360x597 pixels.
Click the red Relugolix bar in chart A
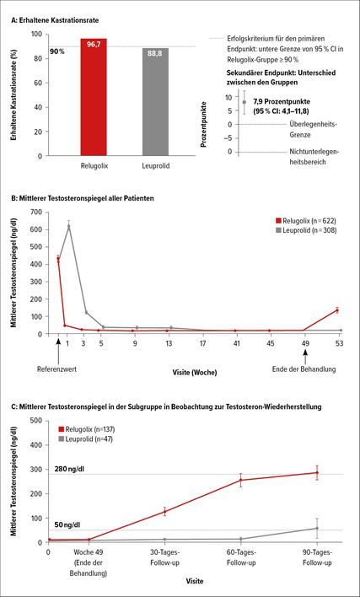click(94, 97)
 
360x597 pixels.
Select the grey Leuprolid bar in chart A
click(155, 102)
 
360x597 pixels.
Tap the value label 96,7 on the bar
click(94, 44)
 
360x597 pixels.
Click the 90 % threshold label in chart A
click(57, 51)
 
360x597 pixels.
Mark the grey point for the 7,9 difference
click(244, 102)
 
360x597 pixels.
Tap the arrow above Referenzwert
click(58, 351)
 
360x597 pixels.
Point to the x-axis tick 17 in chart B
click(202, 343)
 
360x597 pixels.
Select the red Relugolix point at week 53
click(337, 310)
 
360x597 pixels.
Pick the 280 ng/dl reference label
click(69, 468)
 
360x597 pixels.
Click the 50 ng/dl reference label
click(67, 525)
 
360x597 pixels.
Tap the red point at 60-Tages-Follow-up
click(240, 480)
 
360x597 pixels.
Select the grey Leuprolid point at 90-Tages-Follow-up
click(317, 528)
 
